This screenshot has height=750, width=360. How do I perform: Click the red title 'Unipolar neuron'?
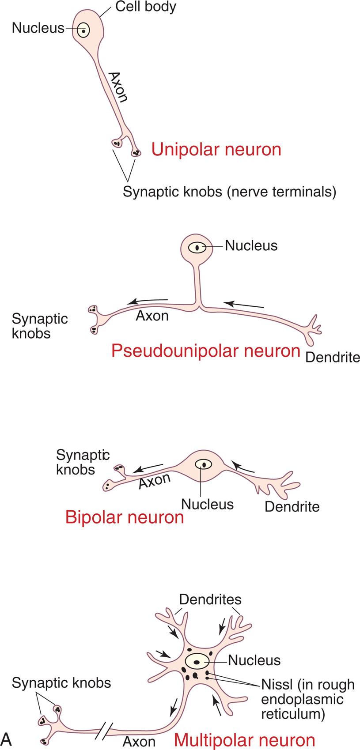tap(216, 150)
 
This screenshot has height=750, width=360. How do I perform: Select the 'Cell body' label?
tap(145, 7)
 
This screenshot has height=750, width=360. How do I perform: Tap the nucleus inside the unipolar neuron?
tap(83, 31)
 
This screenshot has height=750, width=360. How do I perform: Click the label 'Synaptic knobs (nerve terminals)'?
tap(230, 192)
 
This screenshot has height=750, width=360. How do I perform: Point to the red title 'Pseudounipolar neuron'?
tap(206, 351)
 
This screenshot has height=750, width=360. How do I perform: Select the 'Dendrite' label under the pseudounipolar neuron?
tap(332, 357)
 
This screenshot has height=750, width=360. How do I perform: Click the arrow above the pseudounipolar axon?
tap(148, 302)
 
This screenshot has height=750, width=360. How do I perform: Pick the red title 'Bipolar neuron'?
tap(125, 517)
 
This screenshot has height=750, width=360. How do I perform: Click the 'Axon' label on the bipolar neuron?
tap(154, 481)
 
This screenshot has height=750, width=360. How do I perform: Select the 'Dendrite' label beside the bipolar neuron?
tap(292, 506)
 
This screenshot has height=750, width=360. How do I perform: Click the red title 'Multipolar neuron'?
tap(245, 740)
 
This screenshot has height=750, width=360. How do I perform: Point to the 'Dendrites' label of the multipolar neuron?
tap(210, 599)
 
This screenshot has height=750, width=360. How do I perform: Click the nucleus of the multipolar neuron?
tap(197, 661)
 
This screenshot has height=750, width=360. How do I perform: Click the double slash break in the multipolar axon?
tap(104, 731)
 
